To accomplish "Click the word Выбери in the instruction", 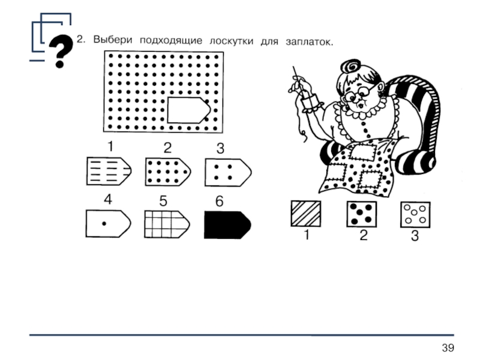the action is coord(113,40).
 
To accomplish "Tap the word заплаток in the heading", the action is coord(308,41).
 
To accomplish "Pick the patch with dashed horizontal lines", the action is coord(109,171).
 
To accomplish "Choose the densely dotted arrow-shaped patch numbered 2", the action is coord(168,172).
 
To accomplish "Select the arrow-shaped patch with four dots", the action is coord(228,172).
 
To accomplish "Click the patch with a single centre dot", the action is coord(109,223).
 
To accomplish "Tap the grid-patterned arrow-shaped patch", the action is coord(167,224).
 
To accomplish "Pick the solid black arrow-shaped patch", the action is coord(227,224).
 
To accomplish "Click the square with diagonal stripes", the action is coord(306,214).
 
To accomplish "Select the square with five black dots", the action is coord(362,214).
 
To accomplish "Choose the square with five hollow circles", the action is coord(415,214).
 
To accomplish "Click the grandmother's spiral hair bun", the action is coord(352,67).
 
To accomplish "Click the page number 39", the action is coord(448,348).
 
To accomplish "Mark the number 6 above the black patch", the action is coord(219,201).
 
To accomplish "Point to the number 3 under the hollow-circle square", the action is coord(415,236).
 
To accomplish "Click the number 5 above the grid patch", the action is coord(163,201).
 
